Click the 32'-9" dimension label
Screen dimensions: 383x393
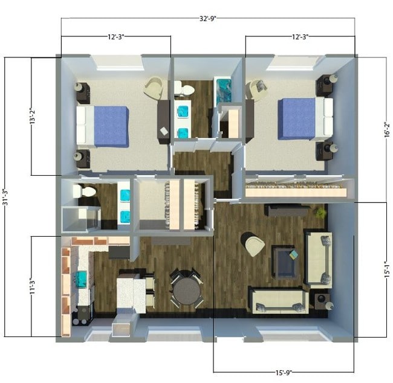[207, 19]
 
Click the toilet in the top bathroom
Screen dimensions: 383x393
[184, 90]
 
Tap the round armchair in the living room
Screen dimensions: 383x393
[253, 244]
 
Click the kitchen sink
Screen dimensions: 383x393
[81, 279]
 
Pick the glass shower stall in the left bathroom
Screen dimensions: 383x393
[80, 218]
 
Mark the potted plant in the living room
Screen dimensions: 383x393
[319, 211]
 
